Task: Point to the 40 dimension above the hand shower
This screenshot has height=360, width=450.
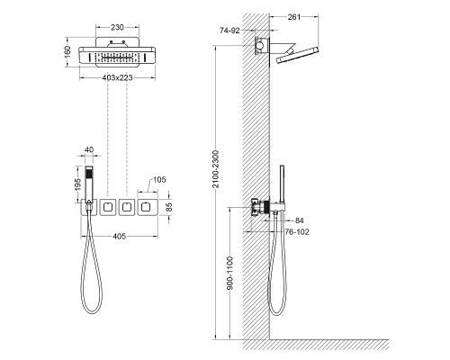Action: pos(88,150)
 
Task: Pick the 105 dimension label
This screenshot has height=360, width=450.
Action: pos(158,181)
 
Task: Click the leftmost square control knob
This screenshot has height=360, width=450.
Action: pos(106,208)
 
